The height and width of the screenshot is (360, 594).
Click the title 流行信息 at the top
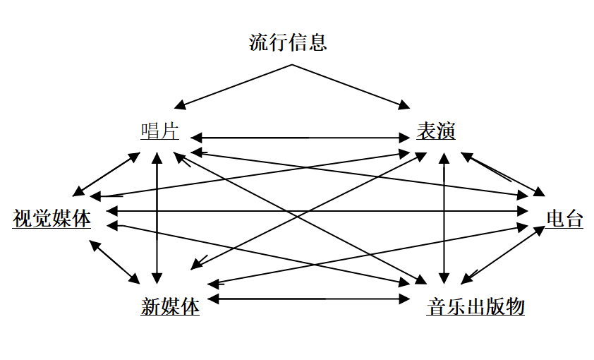point(288,42)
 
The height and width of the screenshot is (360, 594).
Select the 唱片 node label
point(159,131)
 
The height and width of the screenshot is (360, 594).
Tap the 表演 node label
point(436,131)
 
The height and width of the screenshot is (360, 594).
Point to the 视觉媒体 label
point(52,219)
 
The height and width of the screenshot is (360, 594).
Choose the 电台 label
point(564,219)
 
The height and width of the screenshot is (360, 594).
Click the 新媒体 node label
point(170,306)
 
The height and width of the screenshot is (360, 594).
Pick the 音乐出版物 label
point(475,306)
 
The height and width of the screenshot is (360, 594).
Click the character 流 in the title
point(259,42)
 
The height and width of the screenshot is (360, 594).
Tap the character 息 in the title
point(317,42)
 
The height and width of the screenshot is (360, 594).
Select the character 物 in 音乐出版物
point(515,306)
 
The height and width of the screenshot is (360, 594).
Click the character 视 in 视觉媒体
point(23,219)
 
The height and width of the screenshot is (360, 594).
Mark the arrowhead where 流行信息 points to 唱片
point(179,104)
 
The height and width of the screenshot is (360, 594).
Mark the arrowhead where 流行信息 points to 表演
point(404,104)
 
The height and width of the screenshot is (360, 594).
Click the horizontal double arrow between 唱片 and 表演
point(301,138)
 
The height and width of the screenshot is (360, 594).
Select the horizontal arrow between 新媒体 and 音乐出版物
point(309,299)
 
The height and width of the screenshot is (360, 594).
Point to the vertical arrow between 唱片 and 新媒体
point(157,218)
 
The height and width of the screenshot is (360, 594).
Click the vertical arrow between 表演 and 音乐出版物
point(444,218)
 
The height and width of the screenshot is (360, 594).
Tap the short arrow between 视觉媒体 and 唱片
point(107,174)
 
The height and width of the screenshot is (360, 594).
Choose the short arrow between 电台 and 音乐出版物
point(503,255)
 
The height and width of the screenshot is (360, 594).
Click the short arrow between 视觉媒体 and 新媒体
point(115,262)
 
